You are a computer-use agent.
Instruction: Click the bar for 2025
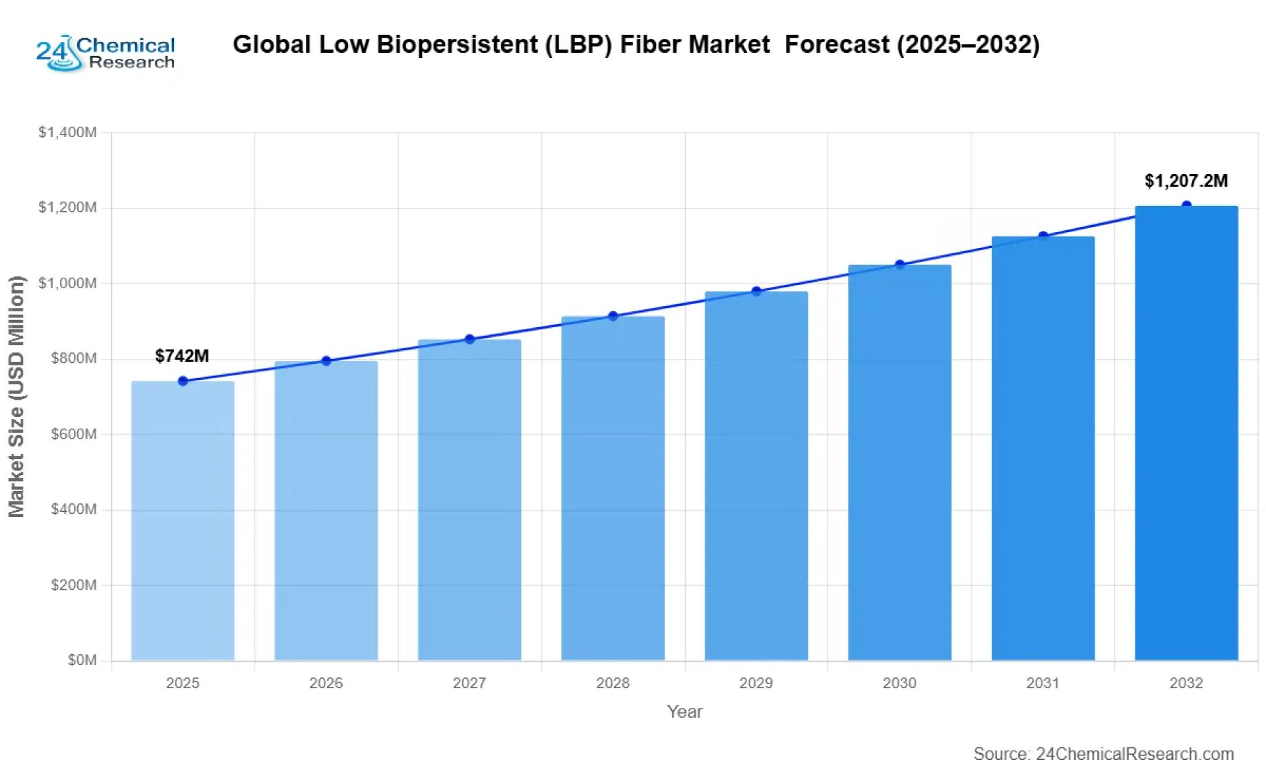click(183, 521)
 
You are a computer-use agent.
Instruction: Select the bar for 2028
click(613, 488)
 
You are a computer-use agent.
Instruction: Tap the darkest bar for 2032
click(1186, 433)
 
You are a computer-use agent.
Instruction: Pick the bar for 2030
click(899, 462)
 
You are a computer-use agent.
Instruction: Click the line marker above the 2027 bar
click(469, 339)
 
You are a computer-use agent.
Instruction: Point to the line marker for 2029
click(756, 291)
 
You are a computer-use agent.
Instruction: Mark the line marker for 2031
click(1043, 236)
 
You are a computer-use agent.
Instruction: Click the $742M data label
click(182, 356)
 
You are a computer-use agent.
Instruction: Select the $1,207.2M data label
click(1186, 181)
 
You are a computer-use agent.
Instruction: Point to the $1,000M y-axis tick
click(68, 283)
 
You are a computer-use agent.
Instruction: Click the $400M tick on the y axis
click(74, 509)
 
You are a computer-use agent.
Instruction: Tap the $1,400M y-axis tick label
click(68, 133)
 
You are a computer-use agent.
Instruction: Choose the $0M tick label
click(82, 660)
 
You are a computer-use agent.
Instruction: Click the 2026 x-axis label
click(326, 683)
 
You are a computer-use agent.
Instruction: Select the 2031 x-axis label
click(1042, 683)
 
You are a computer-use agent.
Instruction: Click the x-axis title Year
click(684, 712)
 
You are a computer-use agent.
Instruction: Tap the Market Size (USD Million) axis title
click(16, 396)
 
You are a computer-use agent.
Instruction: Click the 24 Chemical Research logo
click(105, 53)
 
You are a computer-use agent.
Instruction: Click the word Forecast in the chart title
click(837, 44)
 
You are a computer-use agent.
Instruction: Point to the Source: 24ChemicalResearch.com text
click(1103, 754)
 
